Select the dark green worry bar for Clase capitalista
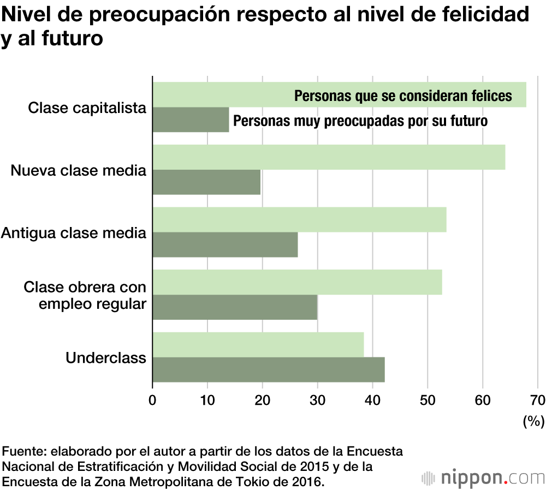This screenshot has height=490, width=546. (191, 120)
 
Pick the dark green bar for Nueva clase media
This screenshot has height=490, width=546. (206, 182)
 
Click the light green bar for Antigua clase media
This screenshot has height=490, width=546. (299, 219)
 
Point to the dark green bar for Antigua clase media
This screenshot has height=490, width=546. (225, 244)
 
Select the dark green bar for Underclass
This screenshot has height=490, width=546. (268, 369)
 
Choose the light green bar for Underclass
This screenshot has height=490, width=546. (258, 344)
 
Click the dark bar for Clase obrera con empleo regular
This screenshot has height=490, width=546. (235, 307)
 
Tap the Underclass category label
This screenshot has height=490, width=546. (106, 358)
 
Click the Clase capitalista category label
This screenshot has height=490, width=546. (87, 107)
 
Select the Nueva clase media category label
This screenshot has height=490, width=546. (79, 170)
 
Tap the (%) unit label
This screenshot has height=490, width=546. (533, 421)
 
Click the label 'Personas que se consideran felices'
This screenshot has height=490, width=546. (403, 96)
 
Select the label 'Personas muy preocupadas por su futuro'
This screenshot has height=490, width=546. (360, 121)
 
